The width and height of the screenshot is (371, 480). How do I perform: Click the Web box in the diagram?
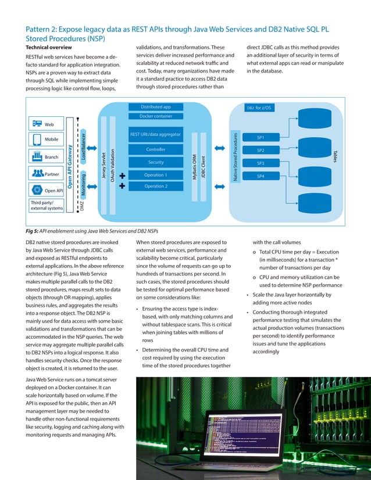(47, 124)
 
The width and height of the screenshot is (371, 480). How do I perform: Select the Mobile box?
(47, 140)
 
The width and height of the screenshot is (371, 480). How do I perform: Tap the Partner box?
(47, 173)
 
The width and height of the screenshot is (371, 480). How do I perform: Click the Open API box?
(47, 190)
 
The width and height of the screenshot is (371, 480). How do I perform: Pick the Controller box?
(155, 150)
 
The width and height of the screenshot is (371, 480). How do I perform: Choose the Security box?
(155, 162)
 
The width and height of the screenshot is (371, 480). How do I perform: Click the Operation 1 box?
(155, 175)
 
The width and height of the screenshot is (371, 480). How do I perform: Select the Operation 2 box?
(155, 187)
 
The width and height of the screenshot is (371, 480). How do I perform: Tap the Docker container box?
(155, 116)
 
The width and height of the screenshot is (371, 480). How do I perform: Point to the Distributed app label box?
(155, 107)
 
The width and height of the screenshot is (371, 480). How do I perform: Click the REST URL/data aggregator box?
(155, 135)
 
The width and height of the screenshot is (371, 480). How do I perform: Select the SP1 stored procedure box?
(260, 138)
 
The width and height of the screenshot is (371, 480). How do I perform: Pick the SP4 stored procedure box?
(260, 175)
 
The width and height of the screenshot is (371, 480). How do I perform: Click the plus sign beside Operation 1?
(122, 175)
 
